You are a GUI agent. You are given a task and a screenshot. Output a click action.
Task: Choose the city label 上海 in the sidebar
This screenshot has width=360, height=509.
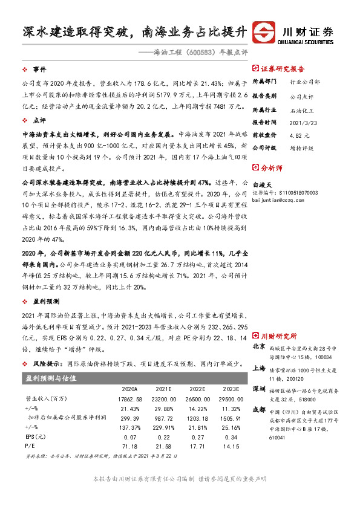point(259,368)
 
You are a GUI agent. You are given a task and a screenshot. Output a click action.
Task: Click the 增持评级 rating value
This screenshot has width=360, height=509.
point(301,147)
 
